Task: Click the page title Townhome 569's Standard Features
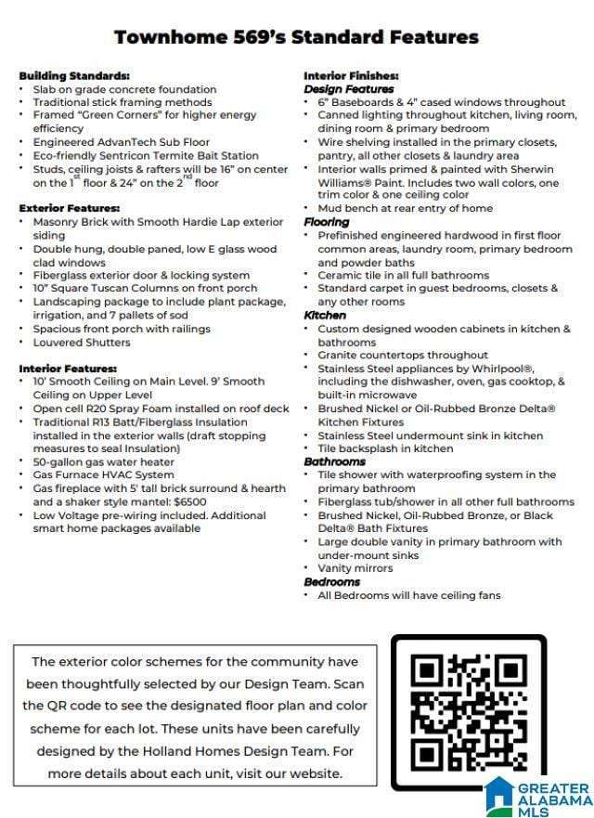(x=296, y=37)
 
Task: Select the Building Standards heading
(x=74, y=75)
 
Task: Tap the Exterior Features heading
(x=70, y=209)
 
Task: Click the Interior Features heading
(x=68, y=369)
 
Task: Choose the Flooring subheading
(x=327, y=222)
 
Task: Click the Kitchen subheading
(x=325, y=316)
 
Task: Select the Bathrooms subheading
(x=334, y=461)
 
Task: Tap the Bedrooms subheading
(x=331, y=582)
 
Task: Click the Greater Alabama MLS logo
(x=537, y=797)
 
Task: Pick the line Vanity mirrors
(x=355, y=568)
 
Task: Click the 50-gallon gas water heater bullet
(x=103, y=462)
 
